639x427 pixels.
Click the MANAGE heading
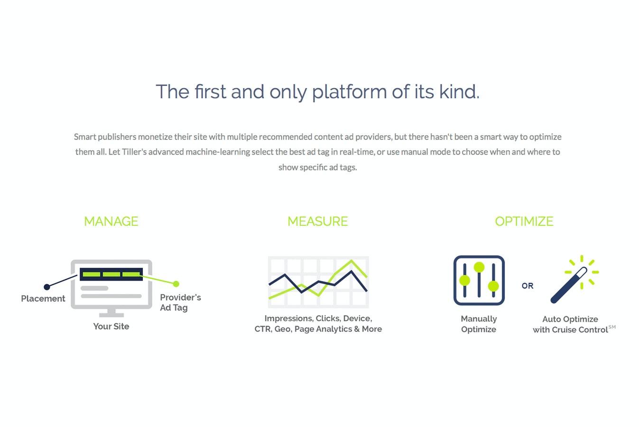pos(111,222)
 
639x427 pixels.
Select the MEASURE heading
pos(317,222)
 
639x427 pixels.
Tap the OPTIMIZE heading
pos(524,222)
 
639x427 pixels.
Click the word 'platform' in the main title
pos(350,93)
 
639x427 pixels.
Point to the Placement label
pos(43,298)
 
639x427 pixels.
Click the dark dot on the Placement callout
pos(47,287)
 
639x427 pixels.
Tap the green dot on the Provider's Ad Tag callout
pos(176,284)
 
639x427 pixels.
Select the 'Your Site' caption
pos(111,326)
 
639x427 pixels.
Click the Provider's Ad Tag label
pos(180,303)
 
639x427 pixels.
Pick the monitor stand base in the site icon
pos(111,315)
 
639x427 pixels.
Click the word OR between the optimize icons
pos(528,286)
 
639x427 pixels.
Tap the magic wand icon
pos(568,285)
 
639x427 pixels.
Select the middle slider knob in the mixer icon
pos(479,267)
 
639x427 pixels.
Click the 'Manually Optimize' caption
pos(479,324)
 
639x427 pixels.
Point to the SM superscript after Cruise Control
pos(612,327)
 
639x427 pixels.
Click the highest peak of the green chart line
pos(351,260)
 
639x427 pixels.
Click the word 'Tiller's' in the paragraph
pos(134,152)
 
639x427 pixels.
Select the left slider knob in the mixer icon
pos(465,280)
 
